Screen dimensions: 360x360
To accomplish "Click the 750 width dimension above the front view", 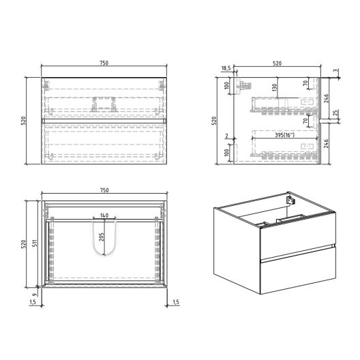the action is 104,63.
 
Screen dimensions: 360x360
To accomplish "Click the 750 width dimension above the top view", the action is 104,190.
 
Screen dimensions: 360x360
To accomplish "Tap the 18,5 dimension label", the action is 226,68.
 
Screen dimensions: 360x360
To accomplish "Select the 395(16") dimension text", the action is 285,135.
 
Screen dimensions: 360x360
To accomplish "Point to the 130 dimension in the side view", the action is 274,87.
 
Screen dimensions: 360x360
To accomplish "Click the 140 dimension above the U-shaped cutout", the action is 104,215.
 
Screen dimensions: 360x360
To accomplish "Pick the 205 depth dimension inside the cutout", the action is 102,237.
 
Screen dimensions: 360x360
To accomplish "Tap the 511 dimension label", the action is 35,243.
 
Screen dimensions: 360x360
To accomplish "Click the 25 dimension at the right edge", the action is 335,112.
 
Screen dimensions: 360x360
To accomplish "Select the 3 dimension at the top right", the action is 336,70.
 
